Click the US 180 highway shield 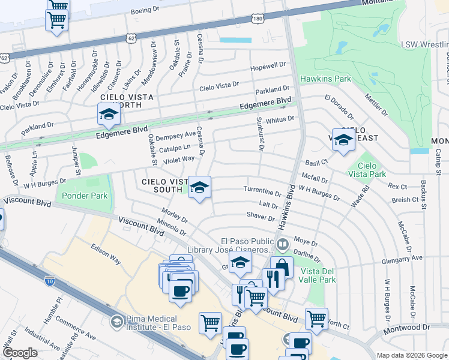point(257,20)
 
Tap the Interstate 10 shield point(49,280)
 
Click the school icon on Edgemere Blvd point(109,114)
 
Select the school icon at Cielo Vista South point(199,187)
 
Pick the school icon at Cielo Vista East point(343,140)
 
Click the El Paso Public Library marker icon point(283,244)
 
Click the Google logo point(20,353)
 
